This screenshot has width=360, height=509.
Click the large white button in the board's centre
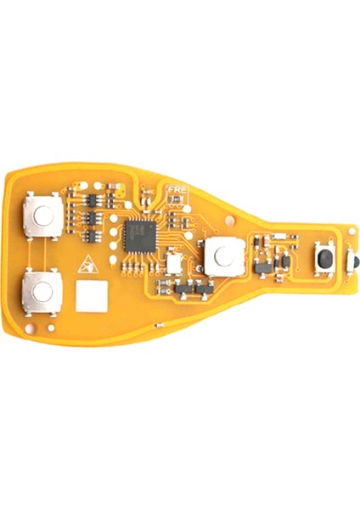pos(222,255)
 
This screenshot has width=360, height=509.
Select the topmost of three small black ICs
pos(93,202)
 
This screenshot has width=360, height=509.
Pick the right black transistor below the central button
pos(205,290)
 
